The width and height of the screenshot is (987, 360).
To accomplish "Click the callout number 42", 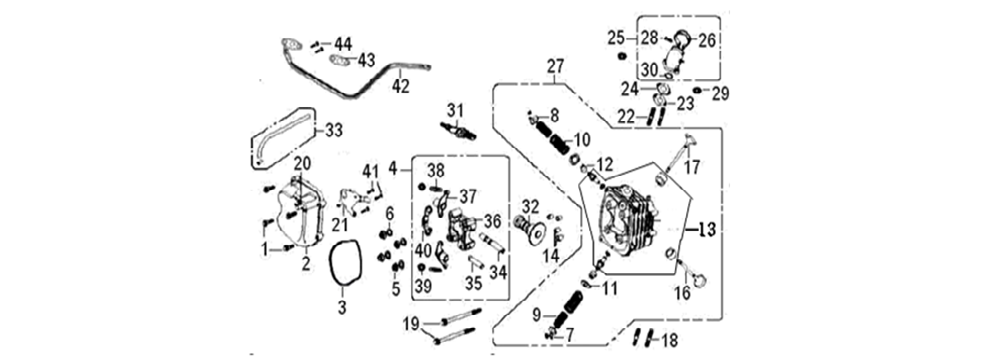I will pyautogui.click(x=401, y=86).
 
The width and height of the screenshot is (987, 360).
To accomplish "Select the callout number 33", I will pyautogui.click(x=332, y=129).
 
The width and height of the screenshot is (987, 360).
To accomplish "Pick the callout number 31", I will pyautogui.click(x=456, y=109).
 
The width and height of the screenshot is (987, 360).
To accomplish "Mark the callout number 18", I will pyautogui.click(x=669, y=340).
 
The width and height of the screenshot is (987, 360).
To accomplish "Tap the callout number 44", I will pyautogui.click(x=343, y=43).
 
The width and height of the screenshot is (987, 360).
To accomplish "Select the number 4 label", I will pyautogui.click(x=393, y=168).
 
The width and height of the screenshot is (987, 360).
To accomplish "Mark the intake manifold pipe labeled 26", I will pyautogui.click(x=681, y=50).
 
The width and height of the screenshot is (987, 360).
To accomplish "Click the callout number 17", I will pyautogui.click(x=692, y=166).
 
